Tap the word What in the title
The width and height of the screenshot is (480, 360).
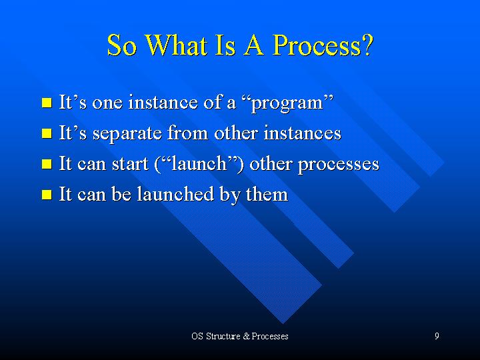tap(176, 45)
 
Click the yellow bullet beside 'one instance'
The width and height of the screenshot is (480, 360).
tap(47, 103)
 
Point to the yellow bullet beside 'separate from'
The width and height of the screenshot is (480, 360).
tap(47, 133)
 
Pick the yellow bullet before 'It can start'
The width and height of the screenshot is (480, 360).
tap(47, 164)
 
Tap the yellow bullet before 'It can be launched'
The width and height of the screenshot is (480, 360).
tap(47, 195)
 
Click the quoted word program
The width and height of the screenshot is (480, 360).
tap(287, 104)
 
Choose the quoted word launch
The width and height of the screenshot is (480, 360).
tap(199, 164)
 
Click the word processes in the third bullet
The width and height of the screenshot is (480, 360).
tap(339, 165)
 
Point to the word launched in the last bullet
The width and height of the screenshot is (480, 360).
tap(175, 194)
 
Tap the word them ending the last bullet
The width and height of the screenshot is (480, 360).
tap(267, 194)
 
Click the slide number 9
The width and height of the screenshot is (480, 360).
tap(437, 336)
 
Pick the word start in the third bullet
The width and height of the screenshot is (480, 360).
tap(130, 164)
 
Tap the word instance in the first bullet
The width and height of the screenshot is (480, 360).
tap(163, 102)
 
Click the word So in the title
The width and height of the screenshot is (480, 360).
tap(121, 45)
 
